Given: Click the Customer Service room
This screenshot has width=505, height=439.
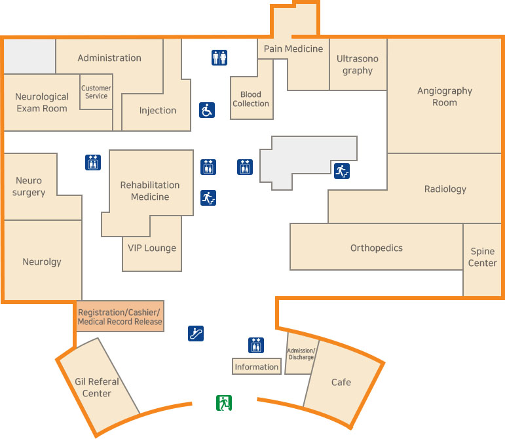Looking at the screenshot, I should [x=96, y=92].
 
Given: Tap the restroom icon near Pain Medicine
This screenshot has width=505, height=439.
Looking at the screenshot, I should [x=219, y=58].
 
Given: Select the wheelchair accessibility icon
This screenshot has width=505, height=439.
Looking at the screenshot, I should [x=207, y=110].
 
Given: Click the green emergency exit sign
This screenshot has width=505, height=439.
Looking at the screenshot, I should [x=225, y=402].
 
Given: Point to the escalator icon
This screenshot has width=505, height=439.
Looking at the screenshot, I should [x=196, y=333].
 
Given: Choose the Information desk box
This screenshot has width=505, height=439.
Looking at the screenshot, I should [x=257, y=366].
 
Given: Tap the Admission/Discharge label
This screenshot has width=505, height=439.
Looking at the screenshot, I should [x=301, y=354].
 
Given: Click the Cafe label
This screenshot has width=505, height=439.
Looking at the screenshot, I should [x=341, y=382].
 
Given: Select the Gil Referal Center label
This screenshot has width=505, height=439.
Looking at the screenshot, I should [x=97, y=387].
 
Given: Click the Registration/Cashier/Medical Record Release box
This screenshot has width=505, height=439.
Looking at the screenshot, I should [x=120, y=316].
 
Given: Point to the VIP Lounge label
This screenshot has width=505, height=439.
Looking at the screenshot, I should [x=152, y=248].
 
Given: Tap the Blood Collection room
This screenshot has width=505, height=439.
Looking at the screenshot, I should [x=251, y=99].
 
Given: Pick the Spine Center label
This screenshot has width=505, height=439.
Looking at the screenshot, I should [x=483, y=258].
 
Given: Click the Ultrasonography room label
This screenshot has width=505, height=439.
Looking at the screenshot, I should [x=358, y=64].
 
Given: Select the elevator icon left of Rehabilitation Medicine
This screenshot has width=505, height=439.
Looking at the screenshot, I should [x=93, y=162].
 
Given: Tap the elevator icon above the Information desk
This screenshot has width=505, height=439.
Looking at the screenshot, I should [x=256, y=345].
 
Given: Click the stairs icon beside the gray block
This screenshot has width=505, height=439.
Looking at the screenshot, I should [x=341, y=171].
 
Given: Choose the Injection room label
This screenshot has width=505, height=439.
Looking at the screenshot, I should [x=158, y=110].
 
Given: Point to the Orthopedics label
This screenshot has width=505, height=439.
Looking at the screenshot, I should [x=377, y=248].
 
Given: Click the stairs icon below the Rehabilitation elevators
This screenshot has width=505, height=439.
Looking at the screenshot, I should [x=208, y=197].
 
